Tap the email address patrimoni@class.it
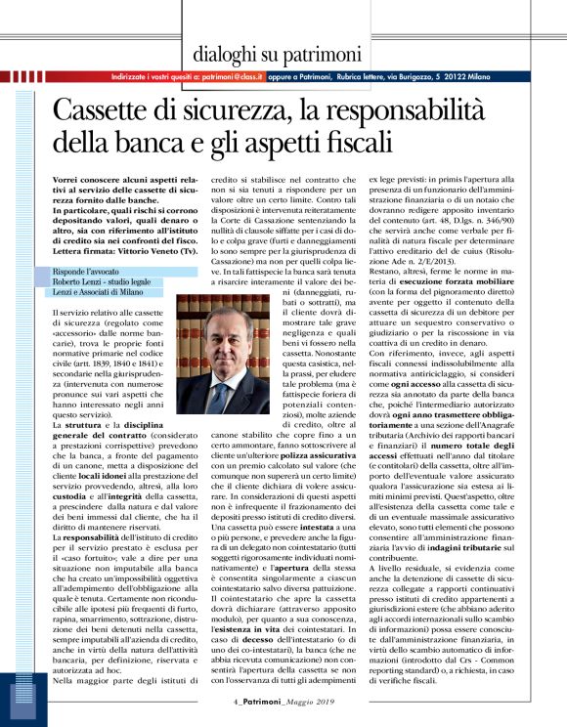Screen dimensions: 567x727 point(230,74)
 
